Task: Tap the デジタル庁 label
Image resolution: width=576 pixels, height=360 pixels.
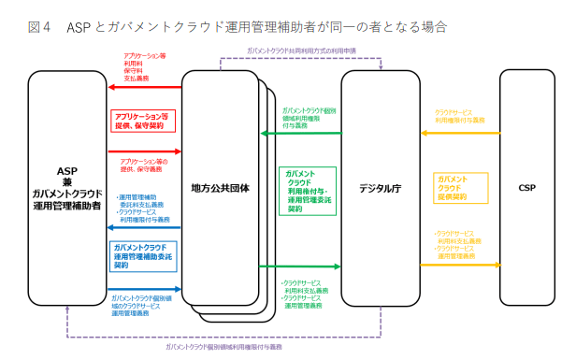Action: point(381,187)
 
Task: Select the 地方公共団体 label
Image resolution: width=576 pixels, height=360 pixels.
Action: point(220,187)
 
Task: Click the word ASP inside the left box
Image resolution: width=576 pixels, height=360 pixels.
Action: point(66,171)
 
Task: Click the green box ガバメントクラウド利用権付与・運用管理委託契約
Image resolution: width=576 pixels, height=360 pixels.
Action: point(307,191)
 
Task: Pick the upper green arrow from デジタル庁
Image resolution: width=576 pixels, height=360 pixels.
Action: point(300,134)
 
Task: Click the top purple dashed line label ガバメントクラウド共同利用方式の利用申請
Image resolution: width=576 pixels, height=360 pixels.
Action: point(301,50)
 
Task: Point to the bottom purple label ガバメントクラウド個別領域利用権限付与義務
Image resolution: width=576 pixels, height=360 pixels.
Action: point(223,346)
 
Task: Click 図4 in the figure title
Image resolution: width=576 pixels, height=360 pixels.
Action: point(40,25)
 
